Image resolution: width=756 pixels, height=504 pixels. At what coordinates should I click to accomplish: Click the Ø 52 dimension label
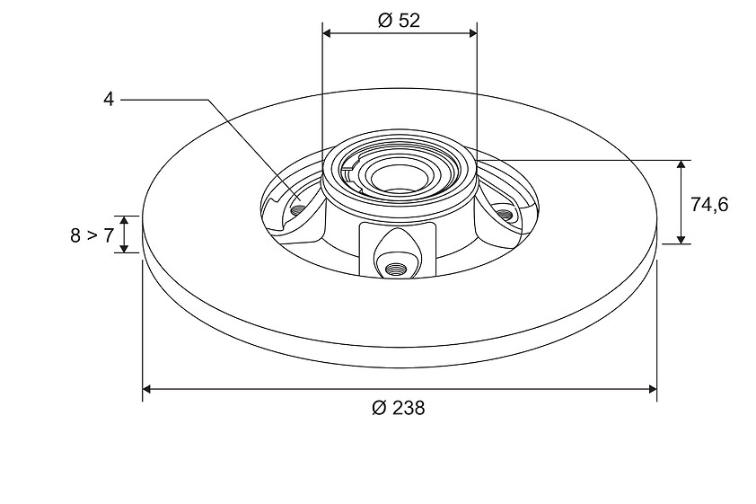[x=400, y=21]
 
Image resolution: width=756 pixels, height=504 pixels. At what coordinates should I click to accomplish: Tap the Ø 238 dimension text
[x=399, y=408]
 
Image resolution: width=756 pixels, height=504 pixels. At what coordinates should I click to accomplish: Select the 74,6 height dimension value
[x=709, y=205]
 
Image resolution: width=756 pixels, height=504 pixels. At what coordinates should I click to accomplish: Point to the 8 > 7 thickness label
[x=92, y=235]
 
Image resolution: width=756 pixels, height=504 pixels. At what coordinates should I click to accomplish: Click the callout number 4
[x=109, y=100]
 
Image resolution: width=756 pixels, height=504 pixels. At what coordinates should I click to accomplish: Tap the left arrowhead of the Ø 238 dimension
[x=148, y=389]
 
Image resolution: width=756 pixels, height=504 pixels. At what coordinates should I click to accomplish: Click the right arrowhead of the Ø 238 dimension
[x=651, y=389]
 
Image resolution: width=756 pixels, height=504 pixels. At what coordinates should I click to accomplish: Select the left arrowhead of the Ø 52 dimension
[x=328, y=33]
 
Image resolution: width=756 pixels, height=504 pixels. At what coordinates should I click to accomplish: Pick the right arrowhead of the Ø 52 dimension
[x=471, y=33]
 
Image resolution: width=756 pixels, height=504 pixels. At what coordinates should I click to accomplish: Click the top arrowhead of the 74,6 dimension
[x=681, y=165]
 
